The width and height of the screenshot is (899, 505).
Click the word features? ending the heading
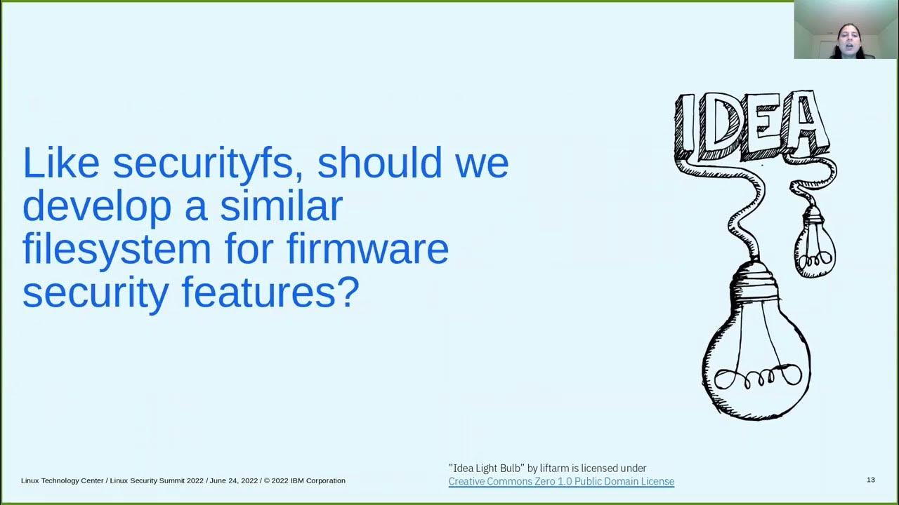point(270,292)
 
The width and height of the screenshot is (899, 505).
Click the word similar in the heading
point(281,206)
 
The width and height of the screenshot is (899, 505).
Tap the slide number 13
point(871,480)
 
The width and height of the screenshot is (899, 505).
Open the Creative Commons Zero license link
point(561,482)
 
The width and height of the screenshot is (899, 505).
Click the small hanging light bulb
point(815,243)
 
